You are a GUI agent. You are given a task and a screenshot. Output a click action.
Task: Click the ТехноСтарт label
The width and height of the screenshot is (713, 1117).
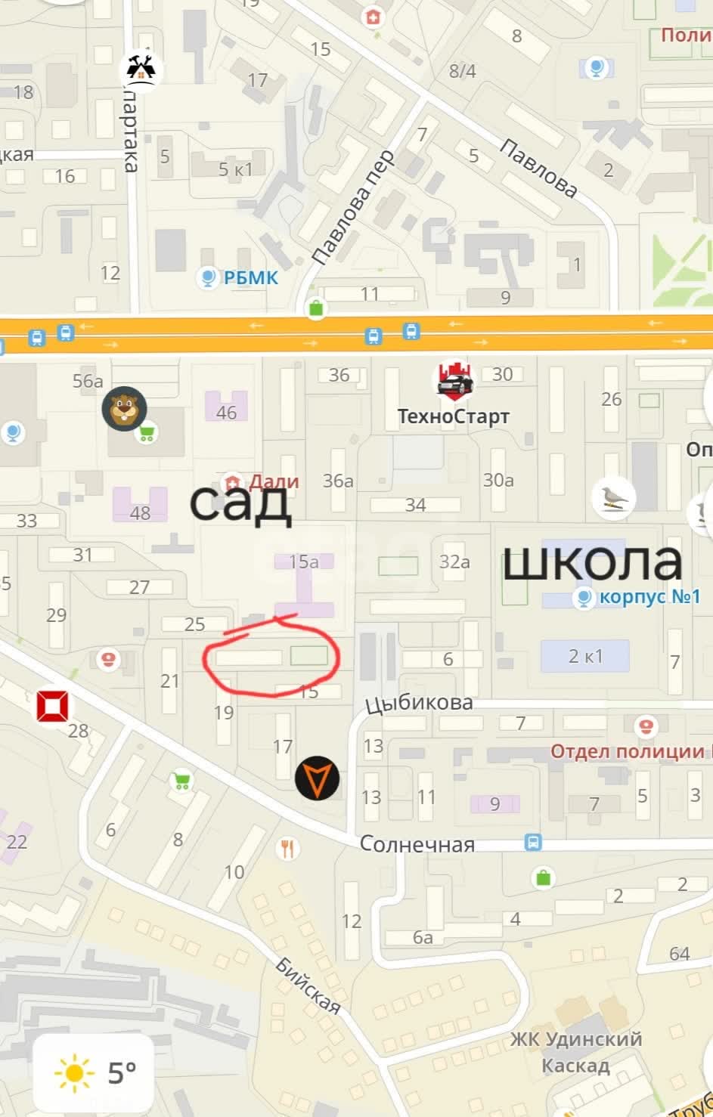(454, 416)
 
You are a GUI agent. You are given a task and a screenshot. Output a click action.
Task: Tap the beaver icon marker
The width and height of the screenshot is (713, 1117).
(124, 409)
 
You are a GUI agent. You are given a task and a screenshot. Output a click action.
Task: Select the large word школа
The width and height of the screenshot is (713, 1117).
(592, 562)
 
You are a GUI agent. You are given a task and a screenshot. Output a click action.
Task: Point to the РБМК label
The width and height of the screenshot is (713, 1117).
(250, 278)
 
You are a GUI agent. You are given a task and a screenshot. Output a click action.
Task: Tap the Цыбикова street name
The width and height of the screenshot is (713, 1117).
(419, 704)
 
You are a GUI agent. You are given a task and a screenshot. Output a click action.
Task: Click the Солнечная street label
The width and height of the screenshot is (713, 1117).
(417, 843)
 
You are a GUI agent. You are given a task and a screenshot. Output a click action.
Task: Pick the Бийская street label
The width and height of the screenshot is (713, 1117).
(308, 985)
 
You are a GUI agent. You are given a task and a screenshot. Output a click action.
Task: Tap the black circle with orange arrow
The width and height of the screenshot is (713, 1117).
(317, 778)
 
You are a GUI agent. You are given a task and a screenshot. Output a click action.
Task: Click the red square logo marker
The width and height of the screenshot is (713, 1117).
(54, 705)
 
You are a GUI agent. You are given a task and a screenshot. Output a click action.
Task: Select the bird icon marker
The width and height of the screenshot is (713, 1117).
(614, 497)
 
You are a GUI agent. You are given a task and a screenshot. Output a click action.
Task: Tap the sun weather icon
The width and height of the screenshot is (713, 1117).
(74, 1072)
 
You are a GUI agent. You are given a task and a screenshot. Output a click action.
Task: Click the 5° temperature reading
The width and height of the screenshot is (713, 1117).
(122, 1072)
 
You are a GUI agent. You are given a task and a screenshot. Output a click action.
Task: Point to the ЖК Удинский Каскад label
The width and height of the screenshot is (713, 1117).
(576, 1052)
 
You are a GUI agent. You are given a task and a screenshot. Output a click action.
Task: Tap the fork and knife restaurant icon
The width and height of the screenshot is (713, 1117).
(287, 848)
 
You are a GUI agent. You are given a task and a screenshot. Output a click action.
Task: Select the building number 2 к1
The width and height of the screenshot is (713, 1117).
(585, 655)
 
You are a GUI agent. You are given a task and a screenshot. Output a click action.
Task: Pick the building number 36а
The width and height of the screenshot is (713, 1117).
(338, 481)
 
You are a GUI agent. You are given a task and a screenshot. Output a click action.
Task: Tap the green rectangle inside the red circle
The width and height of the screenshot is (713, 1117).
(309, 655)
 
